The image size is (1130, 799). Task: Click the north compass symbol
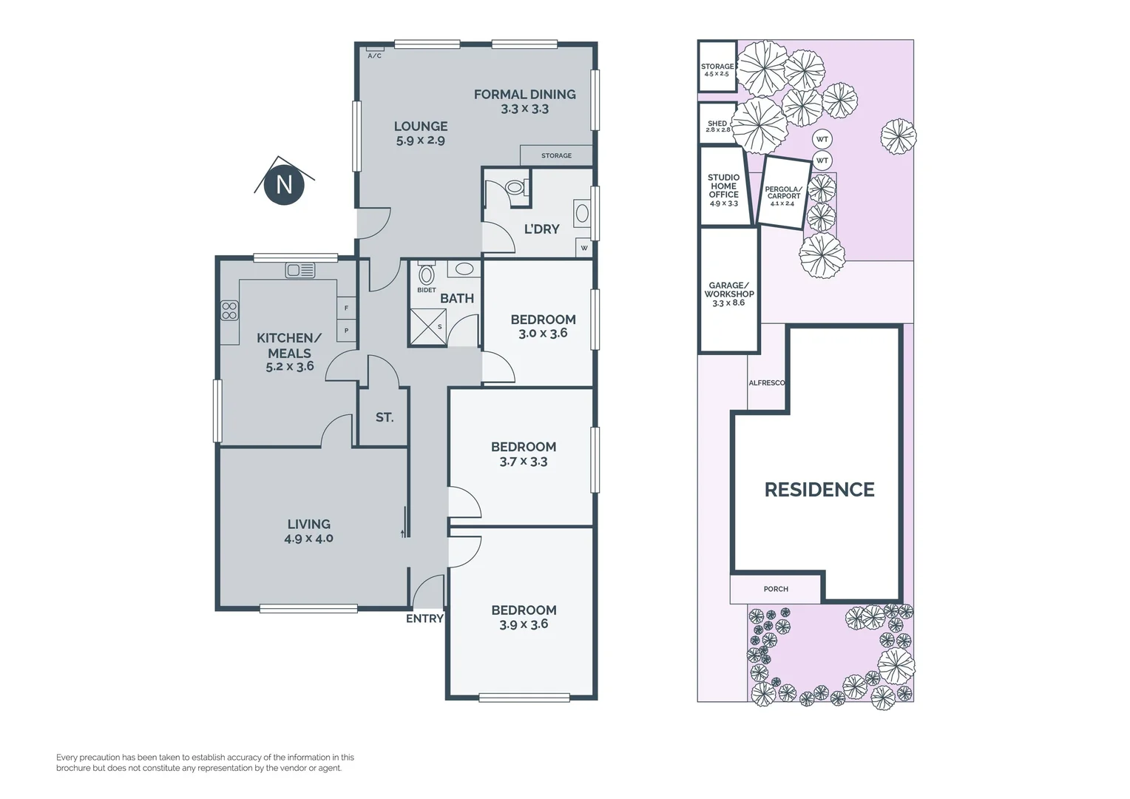tap(284, 183)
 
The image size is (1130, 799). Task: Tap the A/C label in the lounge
tap(374, 56)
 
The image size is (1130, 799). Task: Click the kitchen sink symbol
tap(300, 271)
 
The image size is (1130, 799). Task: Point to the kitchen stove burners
tap(229, 311)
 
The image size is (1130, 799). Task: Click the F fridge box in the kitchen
tap(347, 308)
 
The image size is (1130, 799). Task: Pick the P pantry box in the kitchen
tap(347, 331)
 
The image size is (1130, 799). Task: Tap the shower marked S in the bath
tap(427, 327)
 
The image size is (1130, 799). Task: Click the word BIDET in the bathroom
tap(426, 290)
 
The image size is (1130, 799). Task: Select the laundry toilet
tap(515, 188)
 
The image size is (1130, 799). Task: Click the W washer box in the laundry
tap(583, 248)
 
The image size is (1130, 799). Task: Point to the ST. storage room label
tap(385, 417)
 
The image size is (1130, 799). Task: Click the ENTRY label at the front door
tap(424, 618)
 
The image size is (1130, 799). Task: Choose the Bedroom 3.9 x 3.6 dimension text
tap(524, 624)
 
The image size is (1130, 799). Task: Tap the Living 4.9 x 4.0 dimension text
tap(308, 539)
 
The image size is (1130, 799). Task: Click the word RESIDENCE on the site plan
tap(819, 490)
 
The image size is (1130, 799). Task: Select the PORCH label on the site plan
tap(776, 589)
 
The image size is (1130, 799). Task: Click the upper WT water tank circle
tap(822, 139)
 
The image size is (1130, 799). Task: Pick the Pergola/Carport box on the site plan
tap(783, 192)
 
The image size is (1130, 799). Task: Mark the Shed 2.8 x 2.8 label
tap(718, 127)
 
